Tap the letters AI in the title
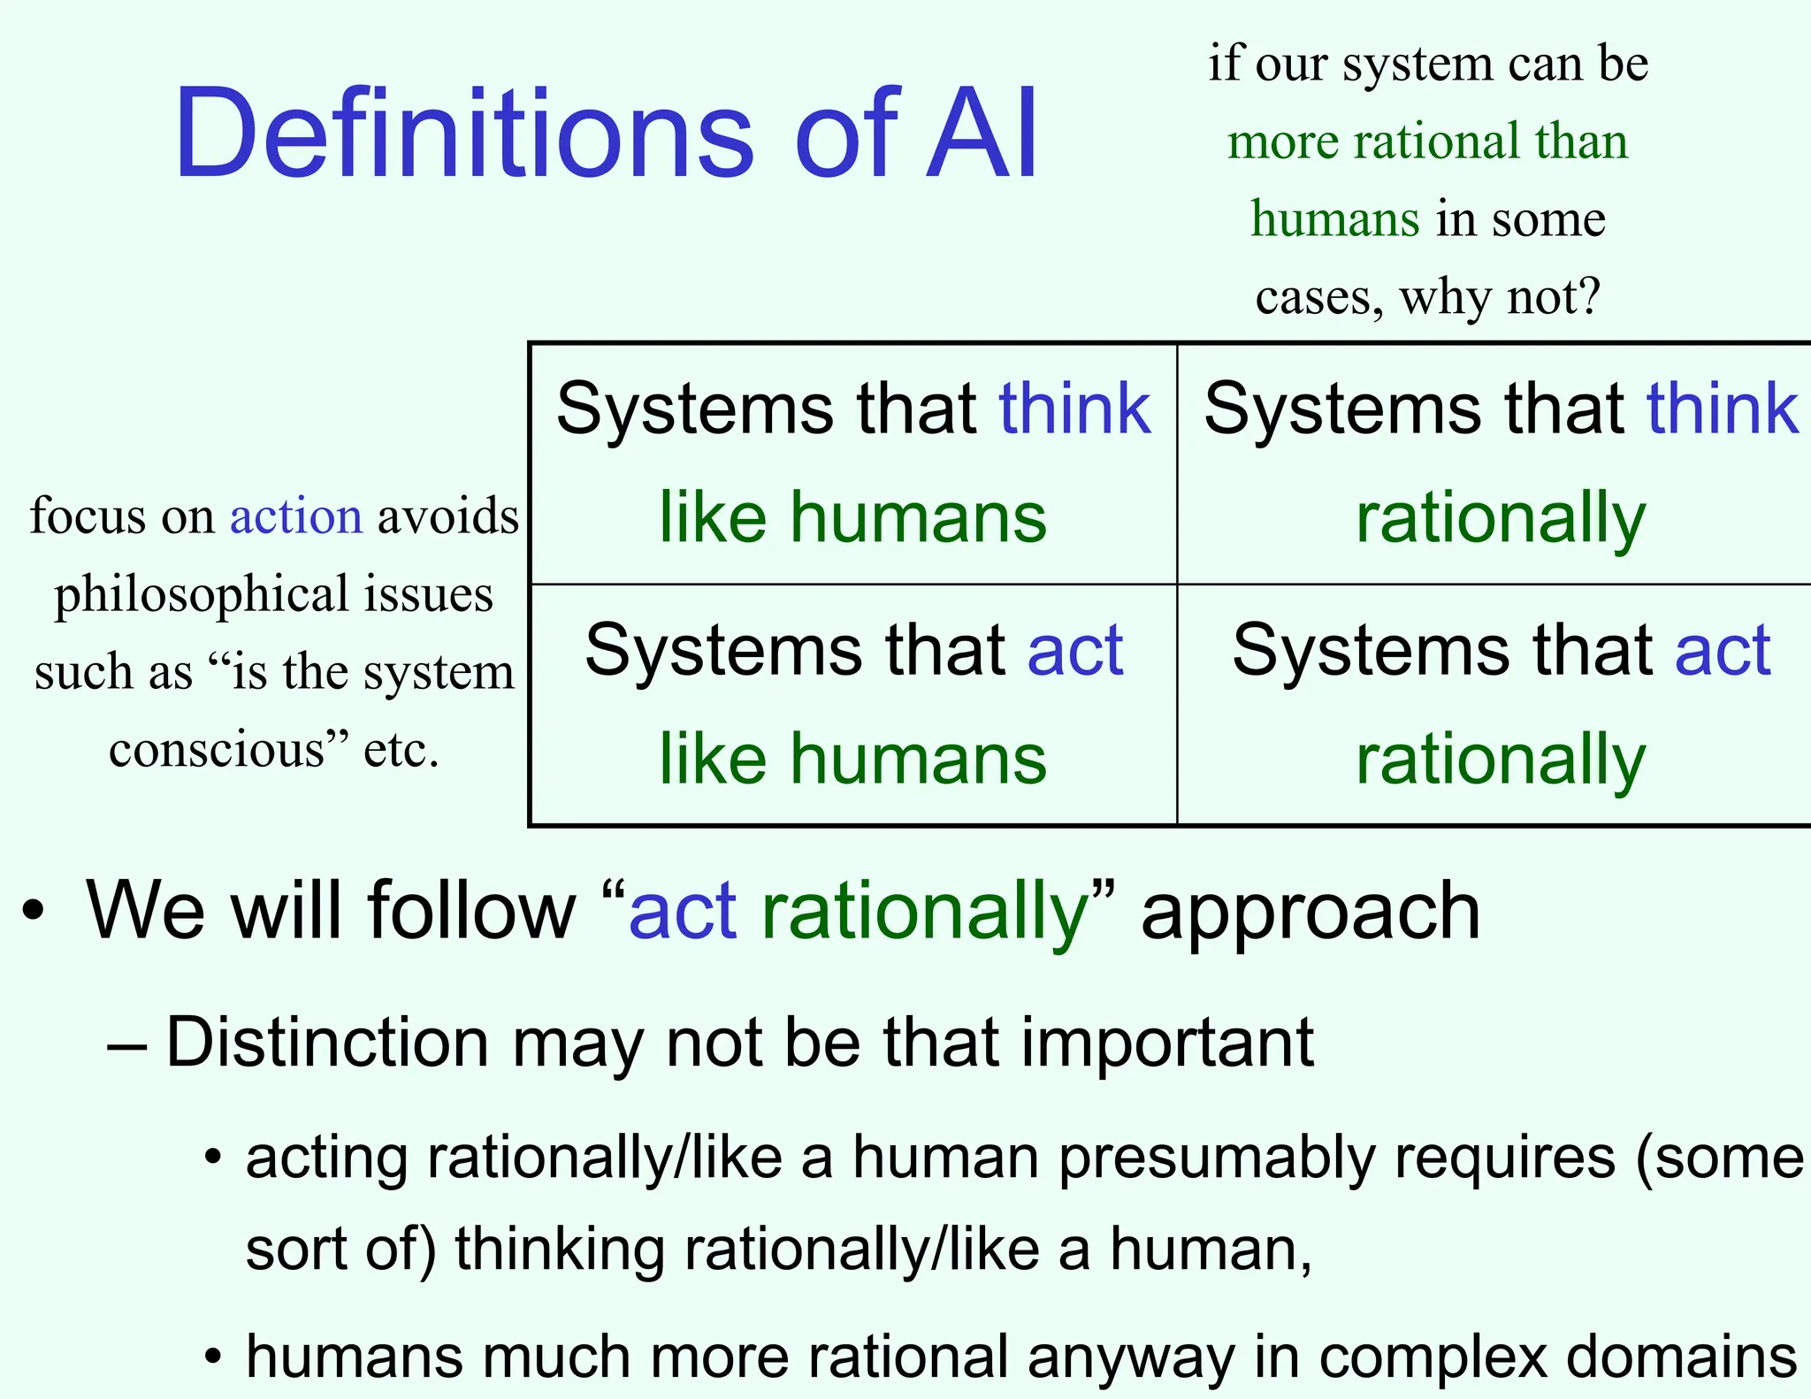[x=982, y=134]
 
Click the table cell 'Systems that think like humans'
[x=852, y=463]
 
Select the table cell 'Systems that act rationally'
[x=1501, y=705]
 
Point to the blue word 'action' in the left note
[x=295, y=516]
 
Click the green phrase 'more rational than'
[x=1427, y=141]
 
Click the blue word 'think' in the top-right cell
[x=1722, y=409]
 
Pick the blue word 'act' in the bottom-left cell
[x=1075, y=650]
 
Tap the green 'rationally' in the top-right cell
[x=1501, y=518]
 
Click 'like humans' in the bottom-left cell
[x=852, y=759]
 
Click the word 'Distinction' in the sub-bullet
[x=327, y=1043]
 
